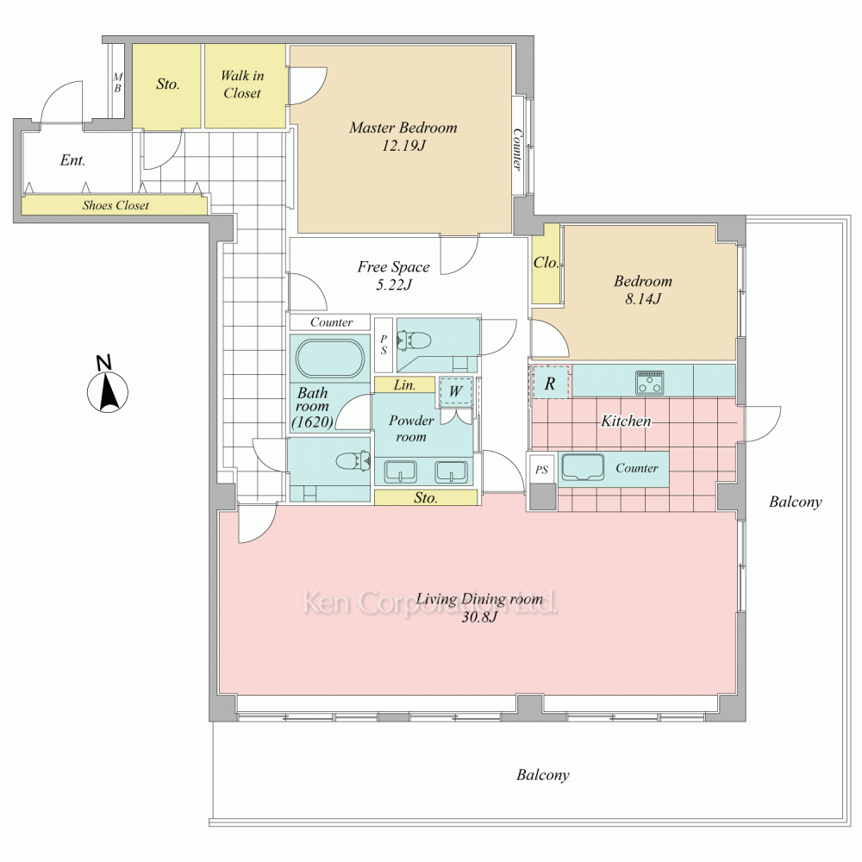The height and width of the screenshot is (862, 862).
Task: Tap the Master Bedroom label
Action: (403, 128)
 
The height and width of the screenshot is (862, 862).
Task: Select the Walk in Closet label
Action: (242, 84)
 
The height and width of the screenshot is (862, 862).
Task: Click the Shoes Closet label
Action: (116, 206)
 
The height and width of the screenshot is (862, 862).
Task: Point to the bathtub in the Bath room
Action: (330, 359)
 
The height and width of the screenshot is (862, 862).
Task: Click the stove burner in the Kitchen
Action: (650, 383)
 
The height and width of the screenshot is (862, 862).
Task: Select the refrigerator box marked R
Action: (551, 383)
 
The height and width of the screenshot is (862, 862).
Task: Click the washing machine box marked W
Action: (455, 391)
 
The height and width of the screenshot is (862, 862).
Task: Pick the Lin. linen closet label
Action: (404, 385)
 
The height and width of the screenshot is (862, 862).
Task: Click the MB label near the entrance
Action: (117, 83)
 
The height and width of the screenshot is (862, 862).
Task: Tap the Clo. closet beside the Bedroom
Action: (546, 263)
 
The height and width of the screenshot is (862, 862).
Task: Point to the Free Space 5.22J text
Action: (394, 276)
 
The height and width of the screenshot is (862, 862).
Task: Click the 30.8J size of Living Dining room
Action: (479, 617)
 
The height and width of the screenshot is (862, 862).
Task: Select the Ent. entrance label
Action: (72, 160)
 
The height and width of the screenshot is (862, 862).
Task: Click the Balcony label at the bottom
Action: (542, 775)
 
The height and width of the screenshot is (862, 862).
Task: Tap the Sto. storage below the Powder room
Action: (426, 497)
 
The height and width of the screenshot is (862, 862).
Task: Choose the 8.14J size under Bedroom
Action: (643, 299)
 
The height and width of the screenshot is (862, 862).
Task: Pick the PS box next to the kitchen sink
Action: (542, 470)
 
